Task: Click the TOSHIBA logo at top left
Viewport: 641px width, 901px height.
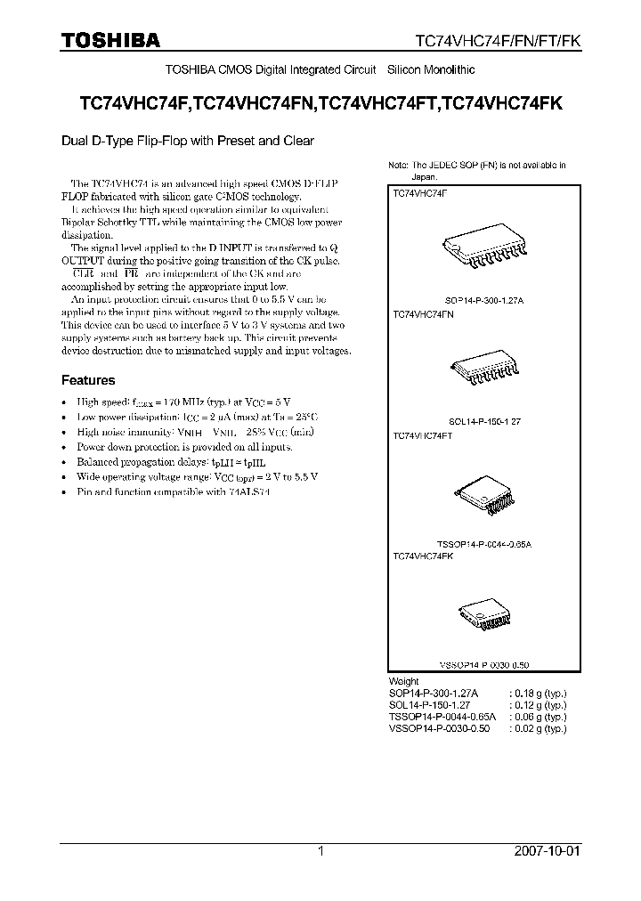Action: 110,40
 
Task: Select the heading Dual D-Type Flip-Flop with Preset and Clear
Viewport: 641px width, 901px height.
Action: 187,140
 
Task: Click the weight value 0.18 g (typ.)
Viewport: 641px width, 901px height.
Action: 537,693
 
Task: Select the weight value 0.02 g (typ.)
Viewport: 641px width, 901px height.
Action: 537,727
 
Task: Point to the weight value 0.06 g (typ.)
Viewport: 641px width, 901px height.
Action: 537,716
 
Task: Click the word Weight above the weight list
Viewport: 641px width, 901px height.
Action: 405,681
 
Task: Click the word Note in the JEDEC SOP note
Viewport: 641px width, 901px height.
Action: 397,166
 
